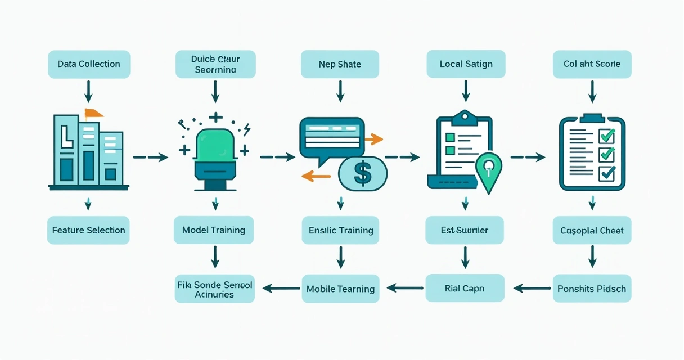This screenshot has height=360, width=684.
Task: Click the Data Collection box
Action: point(89,64)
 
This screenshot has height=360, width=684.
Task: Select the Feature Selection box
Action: point(88,230)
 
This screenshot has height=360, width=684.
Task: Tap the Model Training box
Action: point(214,230)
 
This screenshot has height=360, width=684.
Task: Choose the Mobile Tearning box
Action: point(340,289)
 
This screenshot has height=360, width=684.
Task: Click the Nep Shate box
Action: point(340,64)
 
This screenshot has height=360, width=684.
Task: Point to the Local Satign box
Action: point(466,64)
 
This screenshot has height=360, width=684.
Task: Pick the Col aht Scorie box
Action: point(592,64)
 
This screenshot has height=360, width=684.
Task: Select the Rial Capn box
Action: point(465,289)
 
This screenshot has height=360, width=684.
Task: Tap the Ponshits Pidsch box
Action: point(592,289)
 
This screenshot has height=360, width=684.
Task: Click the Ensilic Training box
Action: point(341,230)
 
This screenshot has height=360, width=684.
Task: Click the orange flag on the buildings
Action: point(93,113)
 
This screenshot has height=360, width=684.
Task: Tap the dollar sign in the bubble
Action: point(363,173)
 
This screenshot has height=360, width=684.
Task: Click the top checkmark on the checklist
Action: point(607,136)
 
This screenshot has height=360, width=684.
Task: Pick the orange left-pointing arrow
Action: point(316,176)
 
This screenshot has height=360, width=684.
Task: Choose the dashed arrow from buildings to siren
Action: point(150,157)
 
